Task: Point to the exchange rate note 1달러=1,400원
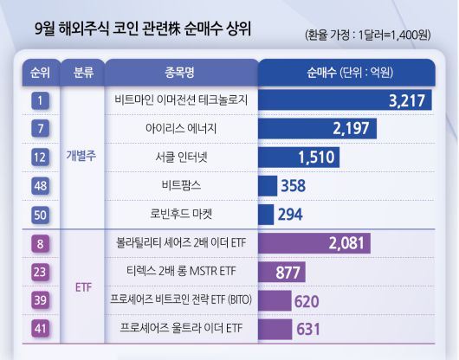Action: (369, 36)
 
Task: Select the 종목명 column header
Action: (181, 72)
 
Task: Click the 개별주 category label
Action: (83, 157)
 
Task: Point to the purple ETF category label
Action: (83, 286)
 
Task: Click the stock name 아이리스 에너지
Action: (181, 129)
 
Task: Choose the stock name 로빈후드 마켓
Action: (181, 214)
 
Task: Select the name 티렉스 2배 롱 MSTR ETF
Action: (181, 272)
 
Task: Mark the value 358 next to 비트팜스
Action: (294, 186)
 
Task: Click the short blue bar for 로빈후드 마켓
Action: (266, 214)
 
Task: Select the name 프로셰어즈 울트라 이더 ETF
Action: (181, 329)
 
